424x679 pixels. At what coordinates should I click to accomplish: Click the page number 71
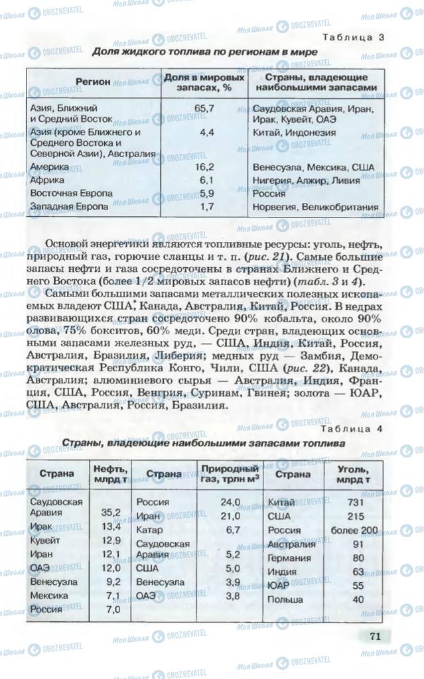pos(375,636)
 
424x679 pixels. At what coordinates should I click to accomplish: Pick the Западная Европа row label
pos(69,207)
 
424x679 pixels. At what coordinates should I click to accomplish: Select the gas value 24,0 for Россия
pos(230,502)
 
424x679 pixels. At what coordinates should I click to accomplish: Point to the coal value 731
pos(359,502)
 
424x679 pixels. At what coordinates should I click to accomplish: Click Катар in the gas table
pos(149,530)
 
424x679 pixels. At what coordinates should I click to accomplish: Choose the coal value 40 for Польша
pos(359,599)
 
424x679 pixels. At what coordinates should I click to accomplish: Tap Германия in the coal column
pos(289,558)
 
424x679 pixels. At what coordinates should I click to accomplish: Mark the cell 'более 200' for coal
pos(359,530)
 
